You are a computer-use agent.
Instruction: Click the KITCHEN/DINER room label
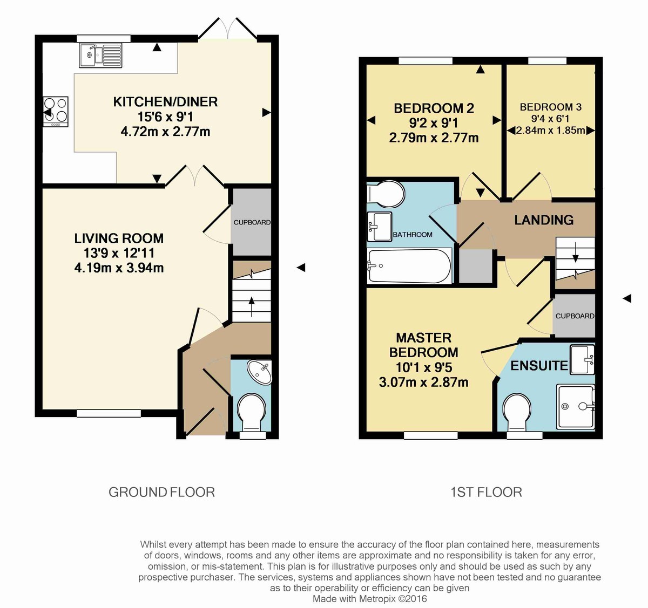click(165, 102)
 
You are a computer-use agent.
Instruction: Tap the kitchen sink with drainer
click(100, 55)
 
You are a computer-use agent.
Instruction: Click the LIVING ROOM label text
click(119, 238)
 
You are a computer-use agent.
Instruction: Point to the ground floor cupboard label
click(252, 222)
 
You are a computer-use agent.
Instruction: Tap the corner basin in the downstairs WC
click(260, 372)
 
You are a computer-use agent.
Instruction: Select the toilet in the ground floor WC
click(252, 411)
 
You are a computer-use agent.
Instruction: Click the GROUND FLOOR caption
click(161, 492)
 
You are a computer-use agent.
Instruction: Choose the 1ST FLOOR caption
click(486, 492)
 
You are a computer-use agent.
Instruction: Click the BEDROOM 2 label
click(434, 108)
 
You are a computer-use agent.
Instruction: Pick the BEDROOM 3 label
click(550, 107)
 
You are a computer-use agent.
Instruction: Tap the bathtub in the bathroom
click(409, 265)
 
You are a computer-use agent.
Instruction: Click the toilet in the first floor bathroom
click(387, 194)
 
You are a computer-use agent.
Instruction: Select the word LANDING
click(543, 220)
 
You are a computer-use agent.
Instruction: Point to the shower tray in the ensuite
click(576, 406)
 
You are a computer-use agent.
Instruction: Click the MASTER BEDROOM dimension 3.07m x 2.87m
click(423, 382)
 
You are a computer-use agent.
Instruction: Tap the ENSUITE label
click(538, 366)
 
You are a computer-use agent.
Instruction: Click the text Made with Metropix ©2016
click(369, 599)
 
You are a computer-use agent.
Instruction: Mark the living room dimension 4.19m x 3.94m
click(119, 268)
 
